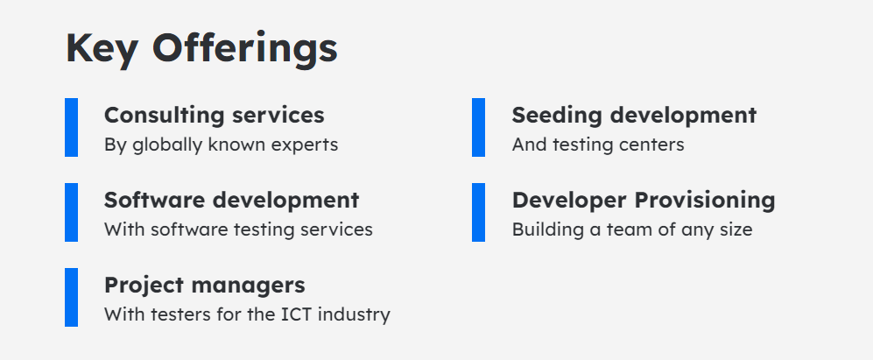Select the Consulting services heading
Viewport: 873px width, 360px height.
(215, 116)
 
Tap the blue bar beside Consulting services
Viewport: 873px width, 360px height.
(71, 127)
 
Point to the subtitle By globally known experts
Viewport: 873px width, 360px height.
(221, 145)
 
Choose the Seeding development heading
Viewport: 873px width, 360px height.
(634, 116)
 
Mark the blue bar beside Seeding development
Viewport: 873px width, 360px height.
(478, 127)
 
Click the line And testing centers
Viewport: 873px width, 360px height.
(598, 145)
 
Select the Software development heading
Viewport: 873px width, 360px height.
(232, 201)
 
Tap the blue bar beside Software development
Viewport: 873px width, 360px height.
(71, 212)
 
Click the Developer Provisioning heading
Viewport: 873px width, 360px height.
(644, 201)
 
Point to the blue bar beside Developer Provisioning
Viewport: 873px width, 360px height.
(478, 212)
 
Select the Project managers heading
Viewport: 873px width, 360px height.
(204, 286)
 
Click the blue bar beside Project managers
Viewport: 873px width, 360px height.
(71, 297)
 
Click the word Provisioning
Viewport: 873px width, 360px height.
(705, 201)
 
